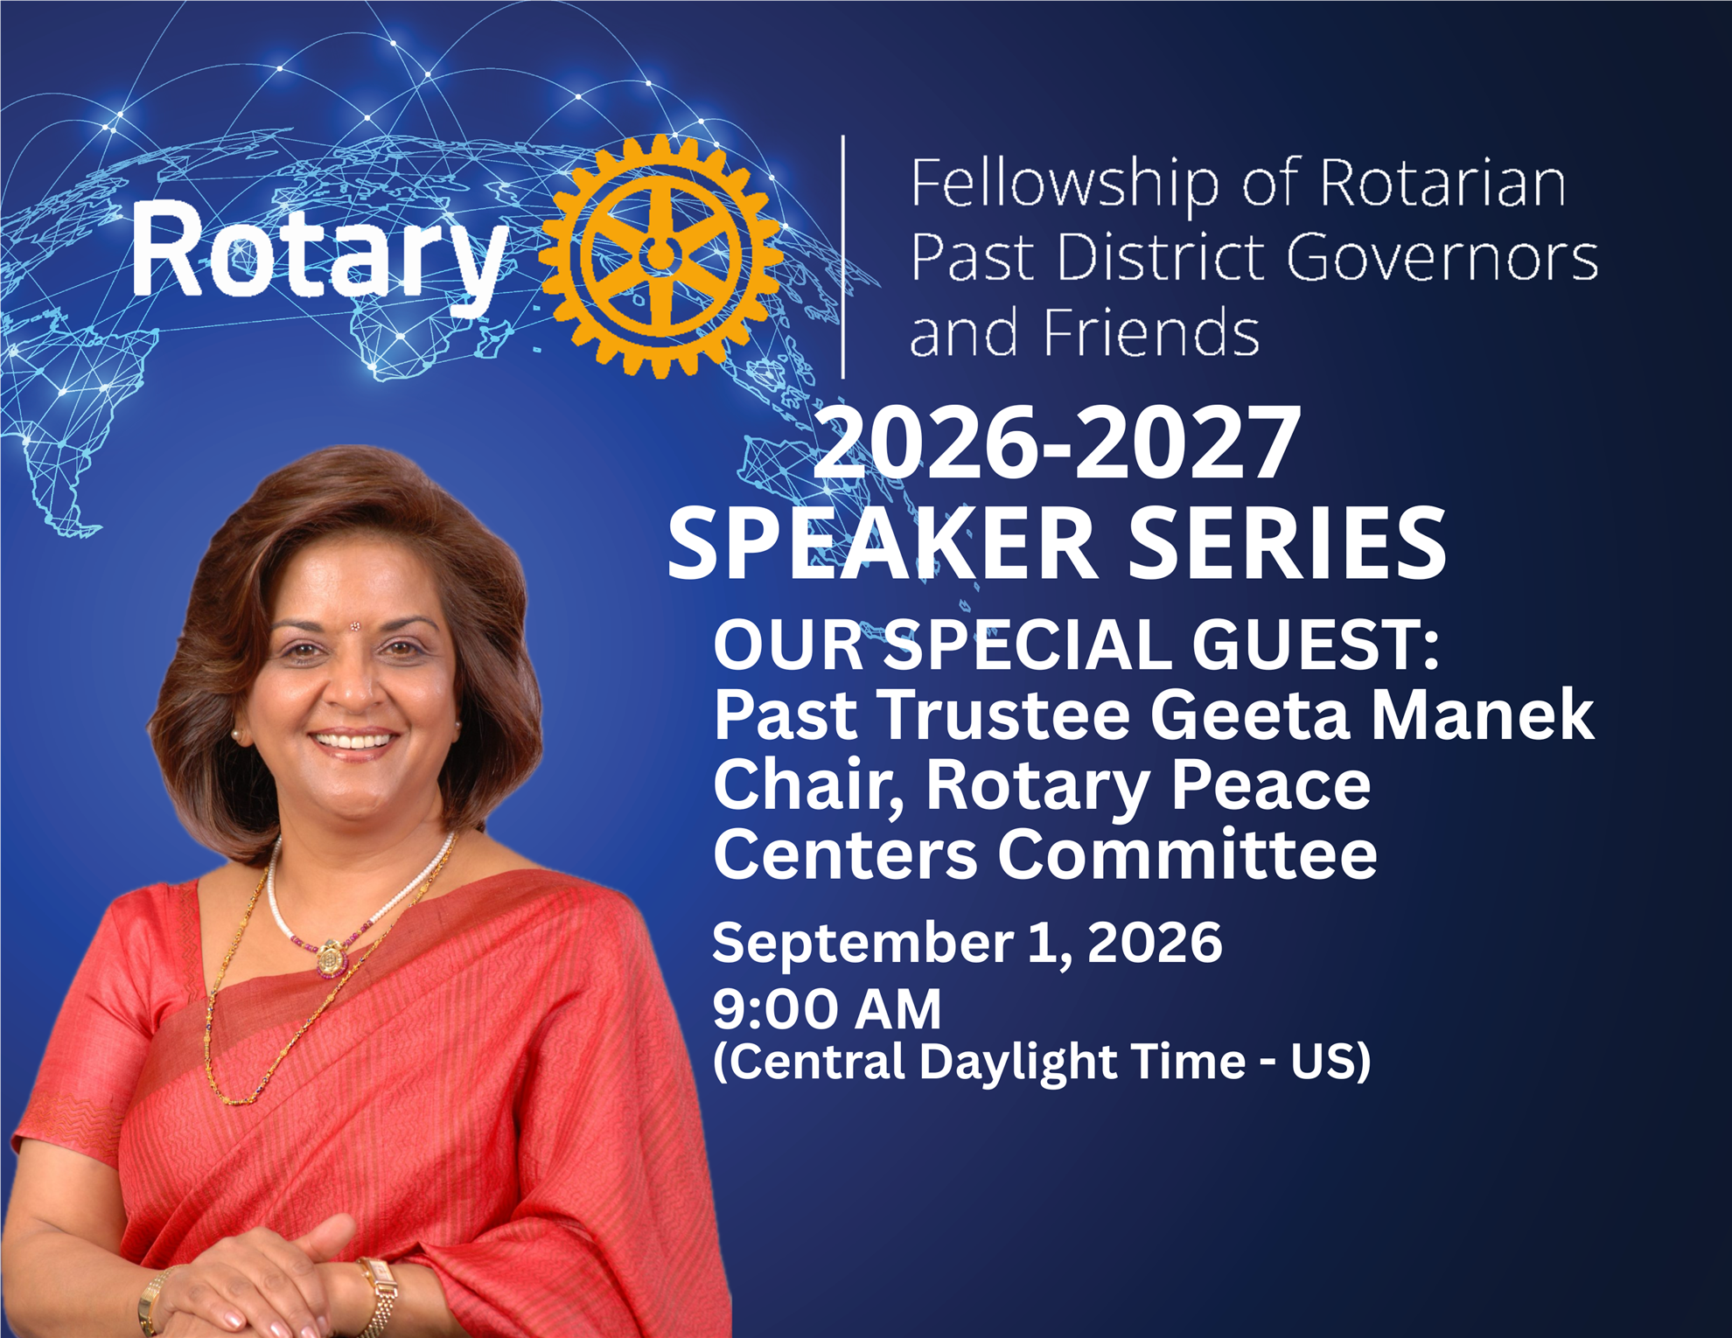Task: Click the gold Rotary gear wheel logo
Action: point(661,256)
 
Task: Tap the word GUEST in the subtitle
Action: point(1316,645)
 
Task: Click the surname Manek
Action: point(1483,714)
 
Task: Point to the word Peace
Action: point(1271,784)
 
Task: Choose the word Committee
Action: point(1188,854)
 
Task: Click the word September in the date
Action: point(863,944)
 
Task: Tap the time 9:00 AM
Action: point(827,1009)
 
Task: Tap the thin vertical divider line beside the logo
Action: point(843,257)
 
